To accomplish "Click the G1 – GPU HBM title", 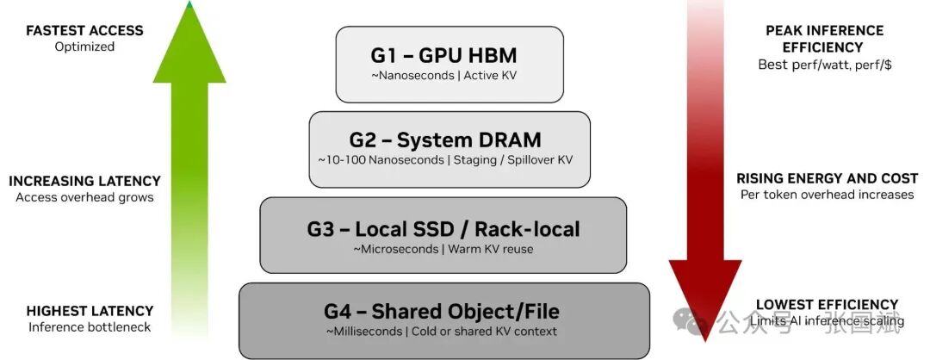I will click(x=444, y=56).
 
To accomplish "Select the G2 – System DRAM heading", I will click(x=445, y=140).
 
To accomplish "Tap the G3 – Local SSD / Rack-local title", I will click(x=443, y=229).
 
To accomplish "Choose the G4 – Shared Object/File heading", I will click(x=443, y=312).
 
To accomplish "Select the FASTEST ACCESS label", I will click(x=84, y=30).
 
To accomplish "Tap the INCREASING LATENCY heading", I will click(x=84, y=181).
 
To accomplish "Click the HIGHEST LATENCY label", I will click(x=90, y=311).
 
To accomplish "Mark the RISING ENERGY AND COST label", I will click(x=827, y=178).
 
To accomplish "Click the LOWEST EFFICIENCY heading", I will click(x=827, y=305).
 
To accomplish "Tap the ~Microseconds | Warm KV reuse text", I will click(x=443, y=250).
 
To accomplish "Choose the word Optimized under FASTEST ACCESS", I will click(x=84, y=47).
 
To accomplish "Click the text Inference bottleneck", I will click(x=90, y=327).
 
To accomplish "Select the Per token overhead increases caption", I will click(x=827, y=195).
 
